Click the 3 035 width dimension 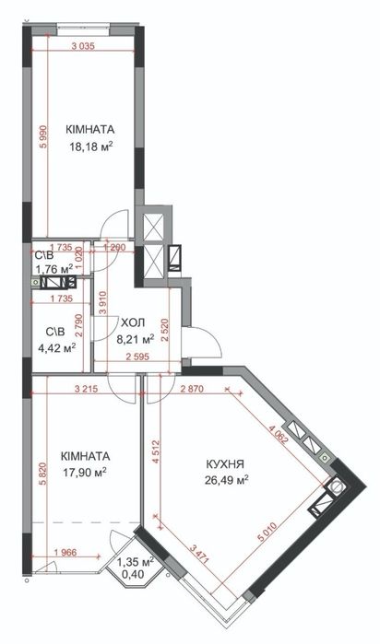coord(83,46)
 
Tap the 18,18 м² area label coord(91,146)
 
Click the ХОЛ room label coord(133,323)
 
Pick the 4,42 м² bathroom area coord(56,348)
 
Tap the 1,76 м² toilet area coord(54,269)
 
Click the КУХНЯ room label coord(225,464)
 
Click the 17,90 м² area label coord(85,473)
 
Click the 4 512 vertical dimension coord(155,451)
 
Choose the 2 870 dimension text coord(192,390)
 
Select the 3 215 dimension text coord(86,390)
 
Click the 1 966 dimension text coord(65,553)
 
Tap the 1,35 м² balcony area coord(136,562)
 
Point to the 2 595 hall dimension coord(137,357)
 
